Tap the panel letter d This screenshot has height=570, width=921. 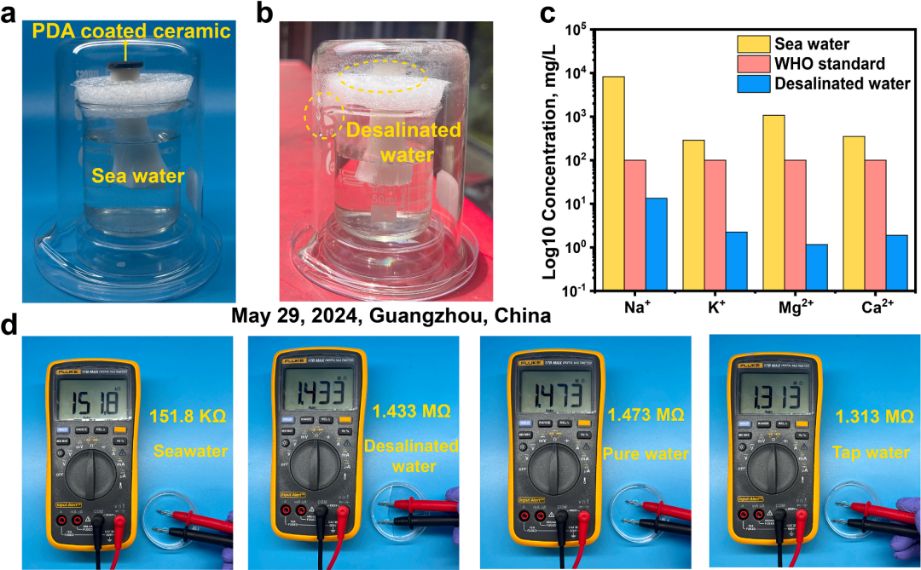pos(11,325)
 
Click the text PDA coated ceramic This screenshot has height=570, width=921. pos(131,32)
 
